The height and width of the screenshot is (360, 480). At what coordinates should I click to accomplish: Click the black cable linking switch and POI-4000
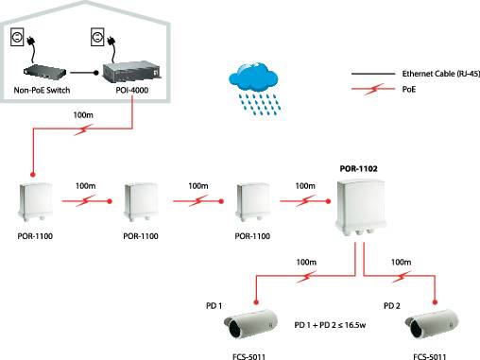coord(83,72)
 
